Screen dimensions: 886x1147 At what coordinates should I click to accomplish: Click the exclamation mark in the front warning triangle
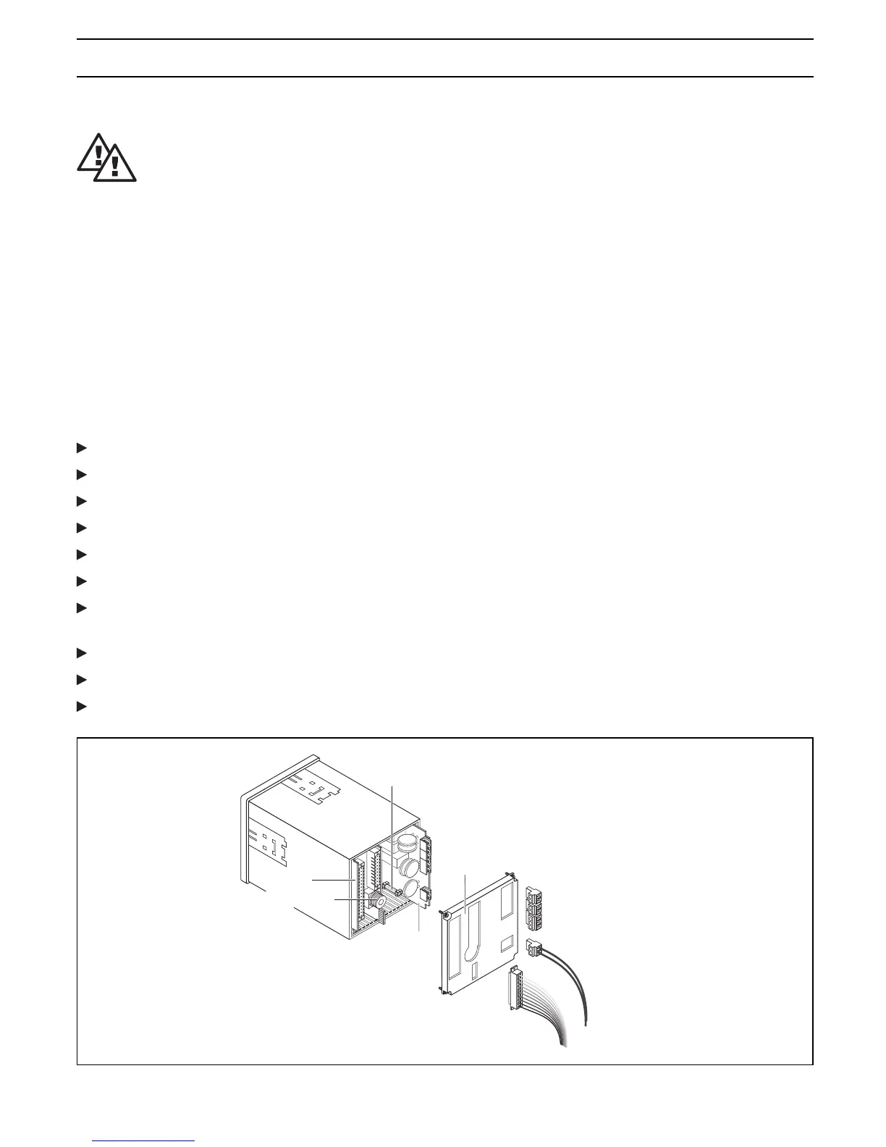[x=114, y=165]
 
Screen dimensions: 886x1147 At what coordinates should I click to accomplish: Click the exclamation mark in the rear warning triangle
[x=98, y=154]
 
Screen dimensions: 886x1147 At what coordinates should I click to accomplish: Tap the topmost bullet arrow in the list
[x=81, y=448]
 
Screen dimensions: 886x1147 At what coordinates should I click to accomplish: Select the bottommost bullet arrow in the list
[x=81, y=705]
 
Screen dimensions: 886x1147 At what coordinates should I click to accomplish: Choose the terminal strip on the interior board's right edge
[x=427, y=856]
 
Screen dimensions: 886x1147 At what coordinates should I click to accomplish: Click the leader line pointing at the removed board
[x=464, y=891]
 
